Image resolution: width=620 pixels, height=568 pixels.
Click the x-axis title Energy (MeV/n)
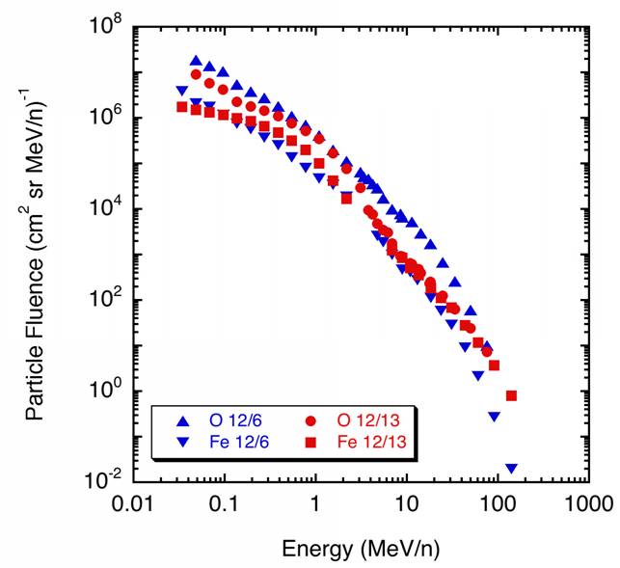pos(362,549)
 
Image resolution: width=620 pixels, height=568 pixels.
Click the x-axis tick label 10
pos(406,502)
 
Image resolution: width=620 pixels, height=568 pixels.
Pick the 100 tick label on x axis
pos(497,502)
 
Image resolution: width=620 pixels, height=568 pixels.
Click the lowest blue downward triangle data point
pos(511,469)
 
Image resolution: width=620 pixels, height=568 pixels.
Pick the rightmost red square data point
pos(512,395)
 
